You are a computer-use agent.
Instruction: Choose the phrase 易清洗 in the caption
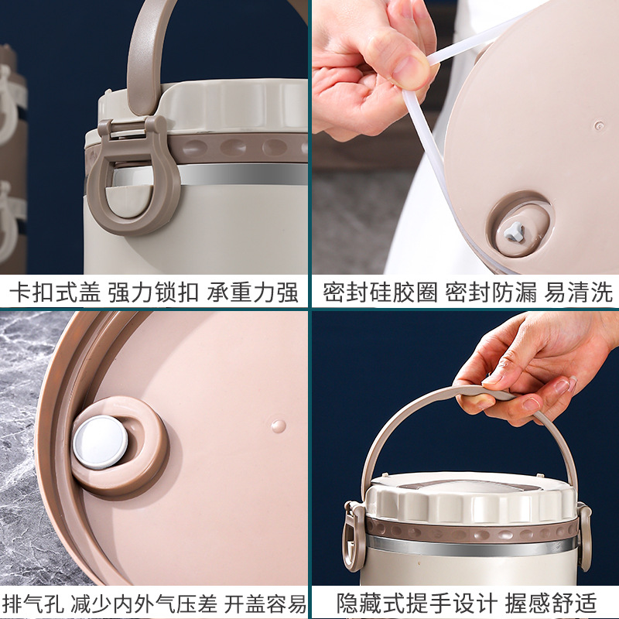(579, 292)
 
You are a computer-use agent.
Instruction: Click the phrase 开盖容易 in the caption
(265, 603)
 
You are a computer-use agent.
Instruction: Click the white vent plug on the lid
(101, 441)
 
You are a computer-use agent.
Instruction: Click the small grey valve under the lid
(515, 230)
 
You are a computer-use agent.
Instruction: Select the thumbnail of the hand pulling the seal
(464, 139)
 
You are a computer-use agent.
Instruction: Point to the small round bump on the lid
(278, 426)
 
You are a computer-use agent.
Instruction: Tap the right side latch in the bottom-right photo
(583, 534)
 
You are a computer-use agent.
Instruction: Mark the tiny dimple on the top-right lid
(598, 125)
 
